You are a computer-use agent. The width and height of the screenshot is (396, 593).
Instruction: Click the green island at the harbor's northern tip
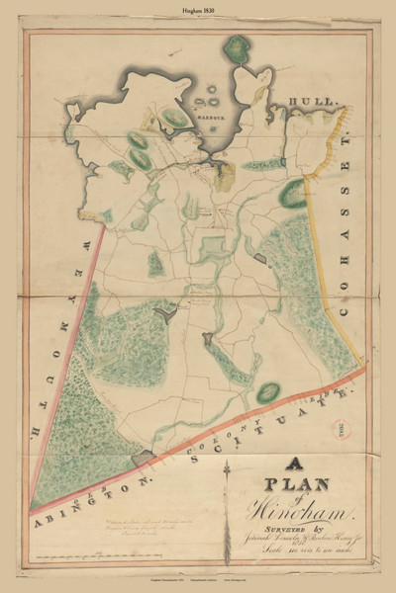(x=238, y=46)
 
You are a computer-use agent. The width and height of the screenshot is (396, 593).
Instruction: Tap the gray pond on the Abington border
(x=148, y=458)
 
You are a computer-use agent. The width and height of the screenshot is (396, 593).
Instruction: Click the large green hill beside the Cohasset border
(x=293, y=193)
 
